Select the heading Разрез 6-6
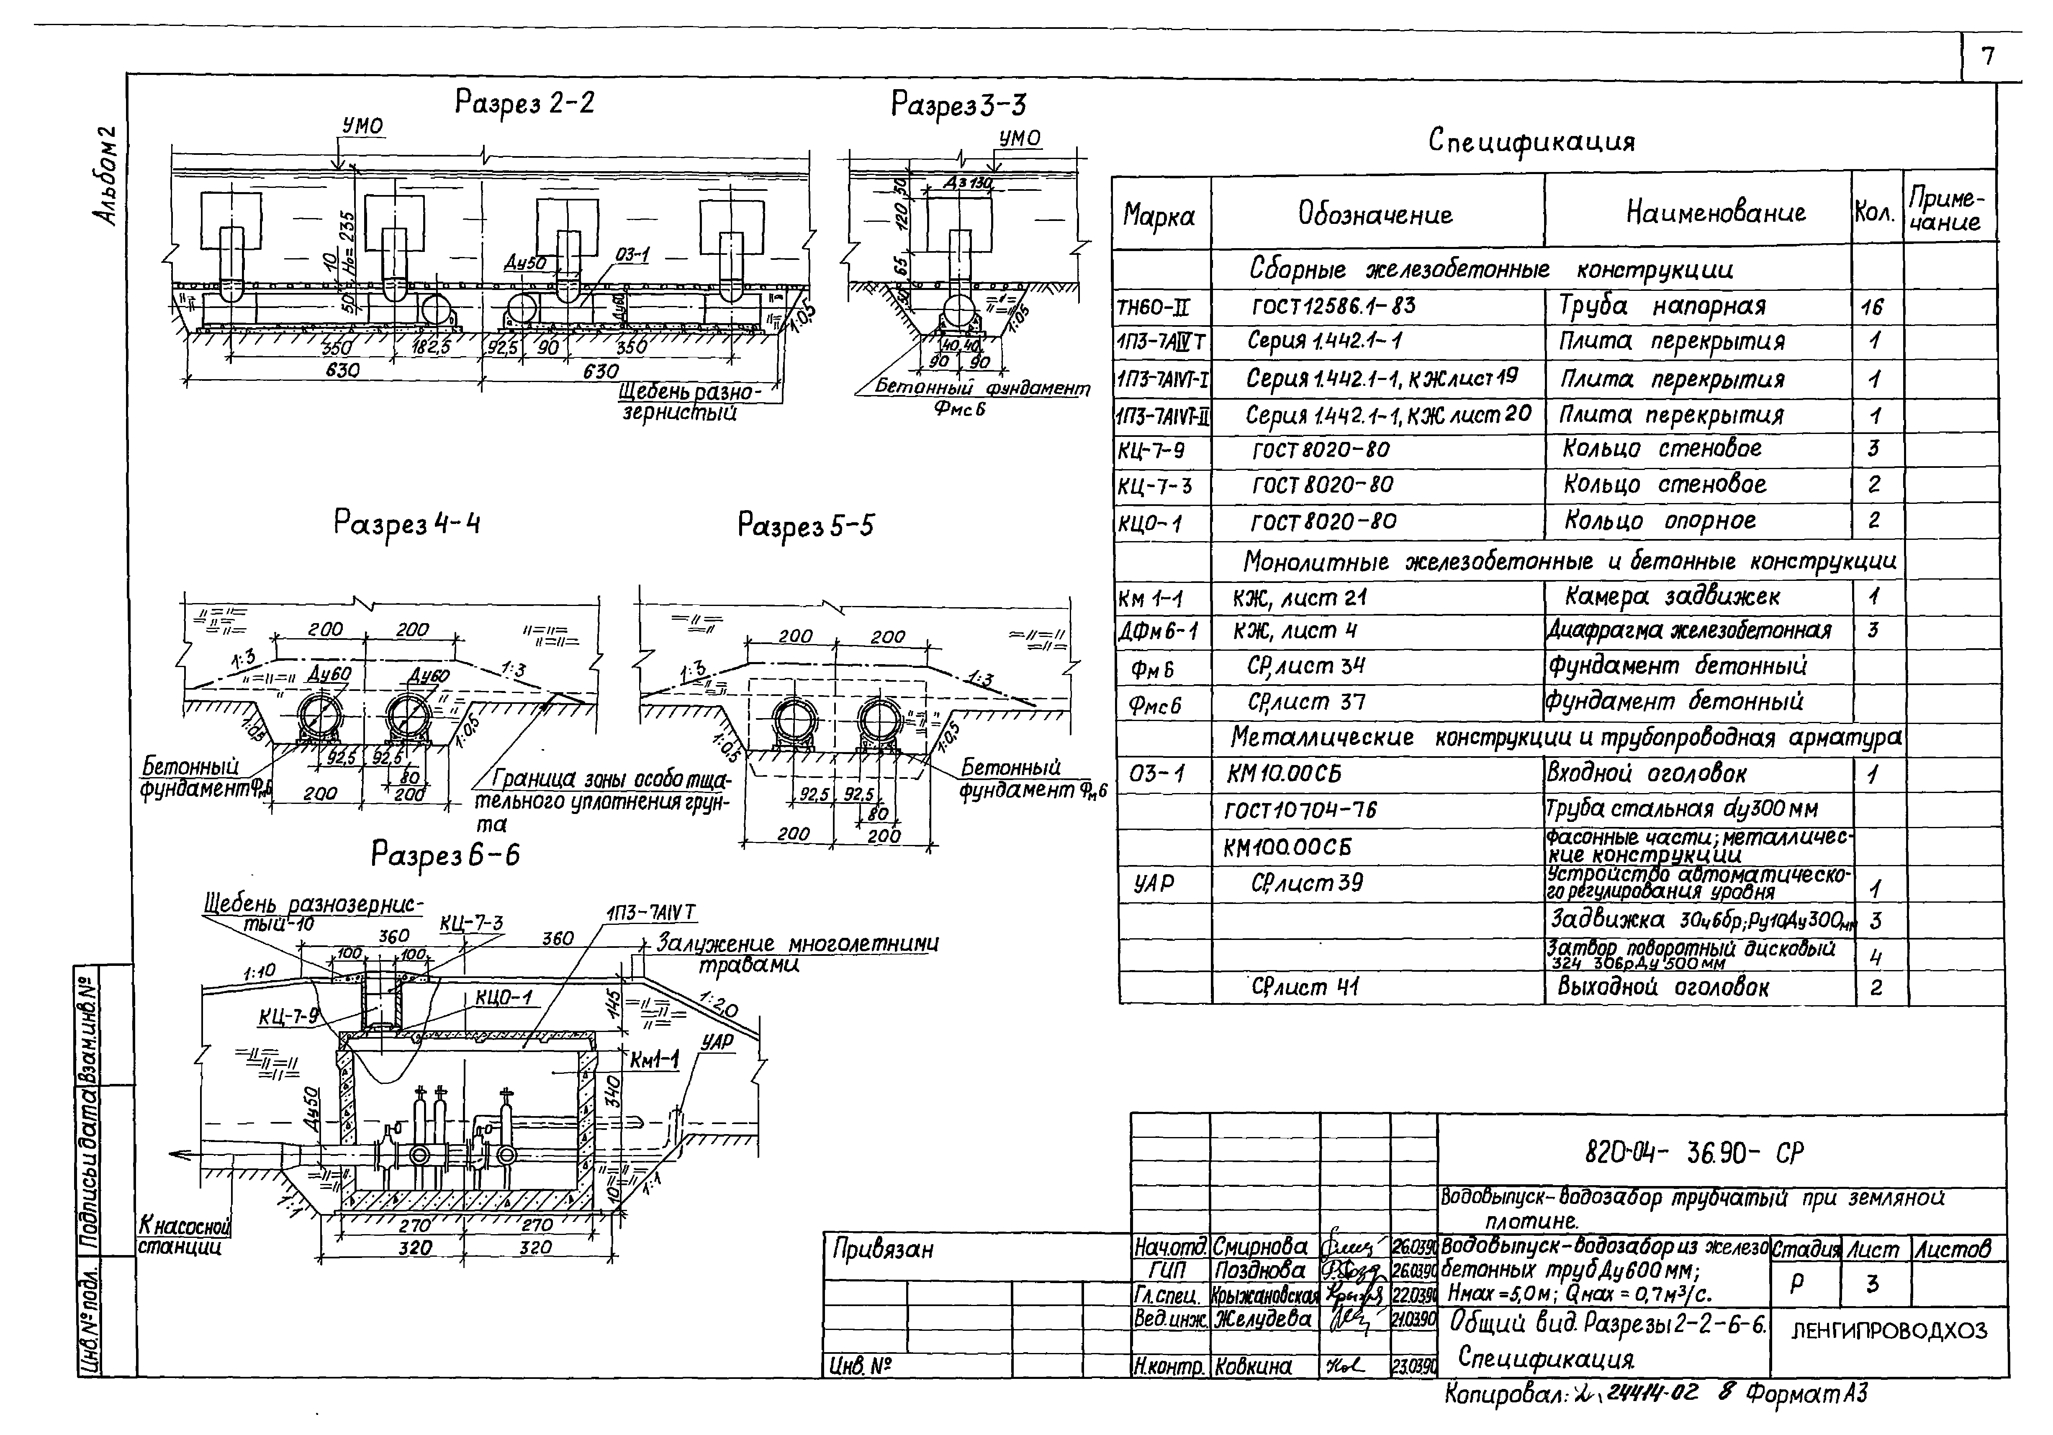tap(445, 856)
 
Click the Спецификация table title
tap(1531, 141)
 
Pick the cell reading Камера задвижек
tap(1672, 596)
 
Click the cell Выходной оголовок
tap(1663, 987)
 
